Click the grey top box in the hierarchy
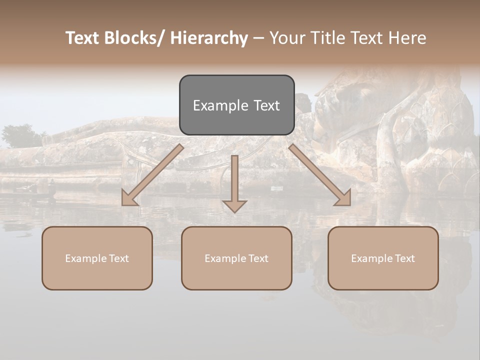[x=236, y=105]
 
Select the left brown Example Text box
[x=97, y=258]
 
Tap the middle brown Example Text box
[x=236, y=258]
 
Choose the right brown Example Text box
[x=383, y=258]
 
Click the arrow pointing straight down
[x=234, y=180]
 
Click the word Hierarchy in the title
[x=208, y=38]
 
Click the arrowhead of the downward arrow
[x=234, y=205]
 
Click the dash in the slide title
[x=258, y=38]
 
